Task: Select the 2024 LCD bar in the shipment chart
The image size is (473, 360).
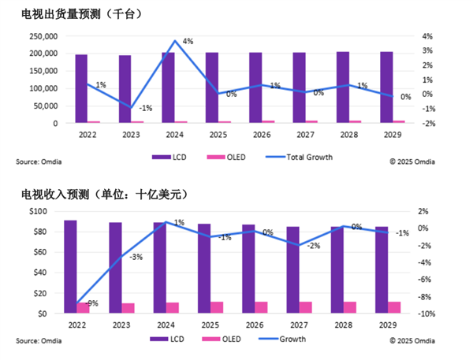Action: point(169,88)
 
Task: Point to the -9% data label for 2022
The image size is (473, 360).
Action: point(91,303)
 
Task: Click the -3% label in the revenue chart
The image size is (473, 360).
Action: point(136,257)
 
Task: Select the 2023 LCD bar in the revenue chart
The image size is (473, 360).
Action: point(115,268)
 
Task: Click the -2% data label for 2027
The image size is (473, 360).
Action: point(313,247)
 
